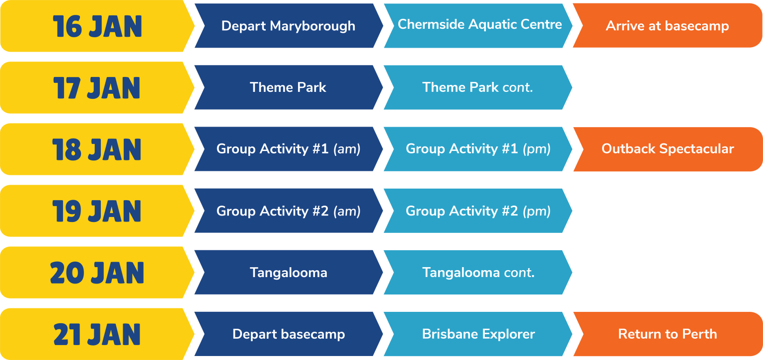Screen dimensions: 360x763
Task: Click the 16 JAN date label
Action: pyautogui.click(x=97, y=26)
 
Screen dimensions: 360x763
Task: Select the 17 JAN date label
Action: pyautogui.click(x=97, y=88)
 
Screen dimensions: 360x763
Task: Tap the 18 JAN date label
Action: pyautogui.click(x=97, y=149)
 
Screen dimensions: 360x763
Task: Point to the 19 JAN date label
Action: pyautogui.click(x=97, y=211)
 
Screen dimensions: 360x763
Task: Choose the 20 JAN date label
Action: pyautogui.click(x=97, y=273)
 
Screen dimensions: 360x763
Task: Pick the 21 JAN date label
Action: pyautogui.click(x=97, y=334)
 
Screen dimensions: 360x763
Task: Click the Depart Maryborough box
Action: pyautogui.click(x=288, y=26)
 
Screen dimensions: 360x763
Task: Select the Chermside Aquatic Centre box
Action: pyautogui.click(x=479, y=25)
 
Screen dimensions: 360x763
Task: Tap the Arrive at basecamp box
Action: pyautogui.click(x=667, y=26)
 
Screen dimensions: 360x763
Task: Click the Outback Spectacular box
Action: pyautogui.click(x=667, y=149)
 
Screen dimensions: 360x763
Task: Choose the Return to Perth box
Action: pyautogui.click(x=667, y=334)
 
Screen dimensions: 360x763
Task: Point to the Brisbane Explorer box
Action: pyautogui.click(x=478, y=334)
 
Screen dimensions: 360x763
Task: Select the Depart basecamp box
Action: pyautogui.click(x=288, y=334)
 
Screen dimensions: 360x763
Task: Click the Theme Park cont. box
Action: pyautogui.click(x=477, y=87)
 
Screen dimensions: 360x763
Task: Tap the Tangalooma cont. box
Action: pyautogui.click(x=478, y=273)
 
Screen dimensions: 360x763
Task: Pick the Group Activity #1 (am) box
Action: pyautogui.click(x=288, y=149)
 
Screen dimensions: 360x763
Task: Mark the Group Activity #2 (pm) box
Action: pyautogui.click(x=478, y=211)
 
